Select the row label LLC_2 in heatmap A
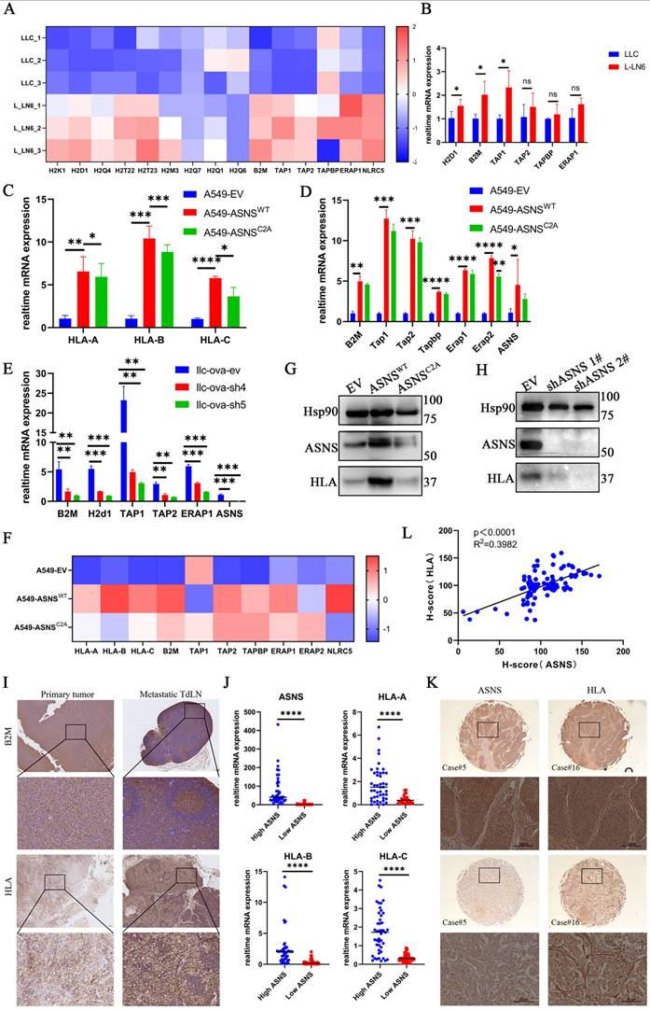pyautogui.click(x=20, y=60)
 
